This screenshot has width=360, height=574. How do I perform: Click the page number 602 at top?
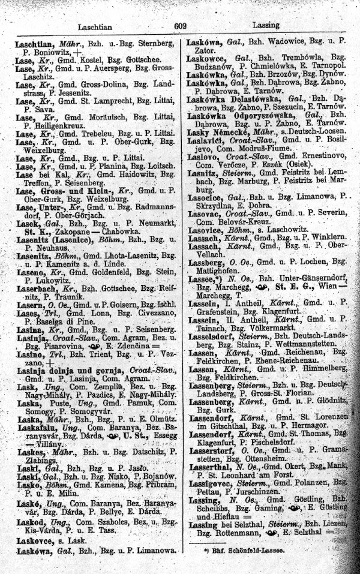click(181, 26)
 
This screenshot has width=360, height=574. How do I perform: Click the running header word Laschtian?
click(97, 27)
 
